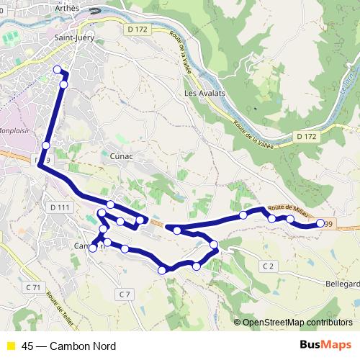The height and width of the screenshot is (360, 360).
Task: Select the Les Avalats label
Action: pos(204,94)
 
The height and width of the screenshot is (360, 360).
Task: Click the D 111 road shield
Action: pos(61,207)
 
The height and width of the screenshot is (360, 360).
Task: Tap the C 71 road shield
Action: pos(32,287)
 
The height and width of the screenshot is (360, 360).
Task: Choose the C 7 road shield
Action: pos(125,294)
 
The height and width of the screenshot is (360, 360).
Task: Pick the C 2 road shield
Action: pos(269,266)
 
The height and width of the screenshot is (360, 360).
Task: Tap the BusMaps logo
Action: pos(325,346)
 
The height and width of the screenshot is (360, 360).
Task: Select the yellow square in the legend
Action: pos(10,346)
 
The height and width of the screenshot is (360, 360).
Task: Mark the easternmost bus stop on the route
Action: pos(320,223)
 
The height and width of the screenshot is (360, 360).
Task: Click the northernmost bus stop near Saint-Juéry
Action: pos(58,69)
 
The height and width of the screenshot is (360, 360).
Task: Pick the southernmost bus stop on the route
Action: pos(163,270)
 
